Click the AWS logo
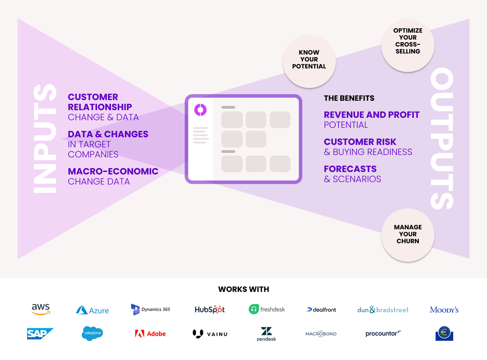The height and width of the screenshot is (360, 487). point(41,309)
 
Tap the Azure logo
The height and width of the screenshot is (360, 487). point(92,310)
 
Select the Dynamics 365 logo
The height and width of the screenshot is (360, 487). point(151,310)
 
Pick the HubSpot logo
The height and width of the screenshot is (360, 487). point(209,310)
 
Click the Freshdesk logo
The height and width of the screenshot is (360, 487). point(267,309)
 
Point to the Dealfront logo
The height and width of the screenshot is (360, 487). point(321,310)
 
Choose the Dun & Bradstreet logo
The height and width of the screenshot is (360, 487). point(383,310)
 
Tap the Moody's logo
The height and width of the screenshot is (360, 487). point(444,310)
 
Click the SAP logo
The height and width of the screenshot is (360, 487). point(40,334)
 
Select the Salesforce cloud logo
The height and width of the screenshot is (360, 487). point(92,333)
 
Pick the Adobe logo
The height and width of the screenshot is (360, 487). point(151,334)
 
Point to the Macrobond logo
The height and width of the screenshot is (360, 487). point(321,334)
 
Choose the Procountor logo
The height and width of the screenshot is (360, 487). point(383,334)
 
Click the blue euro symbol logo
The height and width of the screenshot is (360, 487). point(444,334)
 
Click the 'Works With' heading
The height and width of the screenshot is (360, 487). point(243,289)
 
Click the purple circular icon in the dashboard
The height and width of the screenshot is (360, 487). point(200,110)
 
